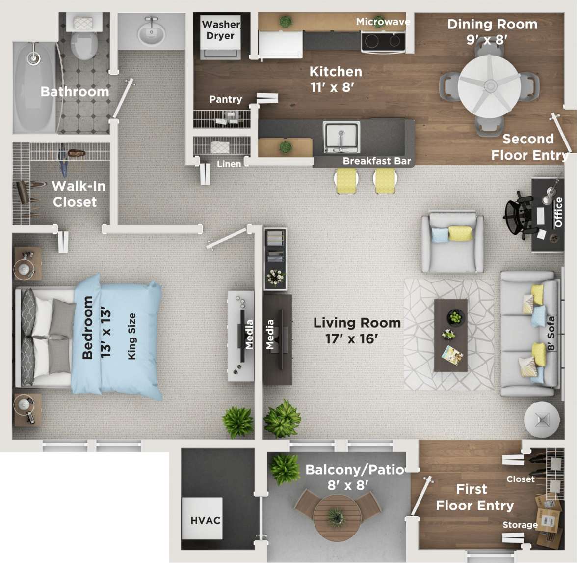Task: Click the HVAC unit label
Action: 205,520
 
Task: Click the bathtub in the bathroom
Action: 34,87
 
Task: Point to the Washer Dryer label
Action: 220,30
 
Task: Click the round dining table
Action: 489,86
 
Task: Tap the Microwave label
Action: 383,22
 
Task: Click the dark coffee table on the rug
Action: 450,335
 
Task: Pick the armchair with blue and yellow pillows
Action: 452,242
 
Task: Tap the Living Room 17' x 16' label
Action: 357,330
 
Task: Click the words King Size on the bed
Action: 131,336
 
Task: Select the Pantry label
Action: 225,99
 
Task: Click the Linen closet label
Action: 229,164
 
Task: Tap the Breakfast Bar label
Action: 376,161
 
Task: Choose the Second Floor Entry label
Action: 529,147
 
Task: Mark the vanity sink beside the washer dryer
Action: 151,32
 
